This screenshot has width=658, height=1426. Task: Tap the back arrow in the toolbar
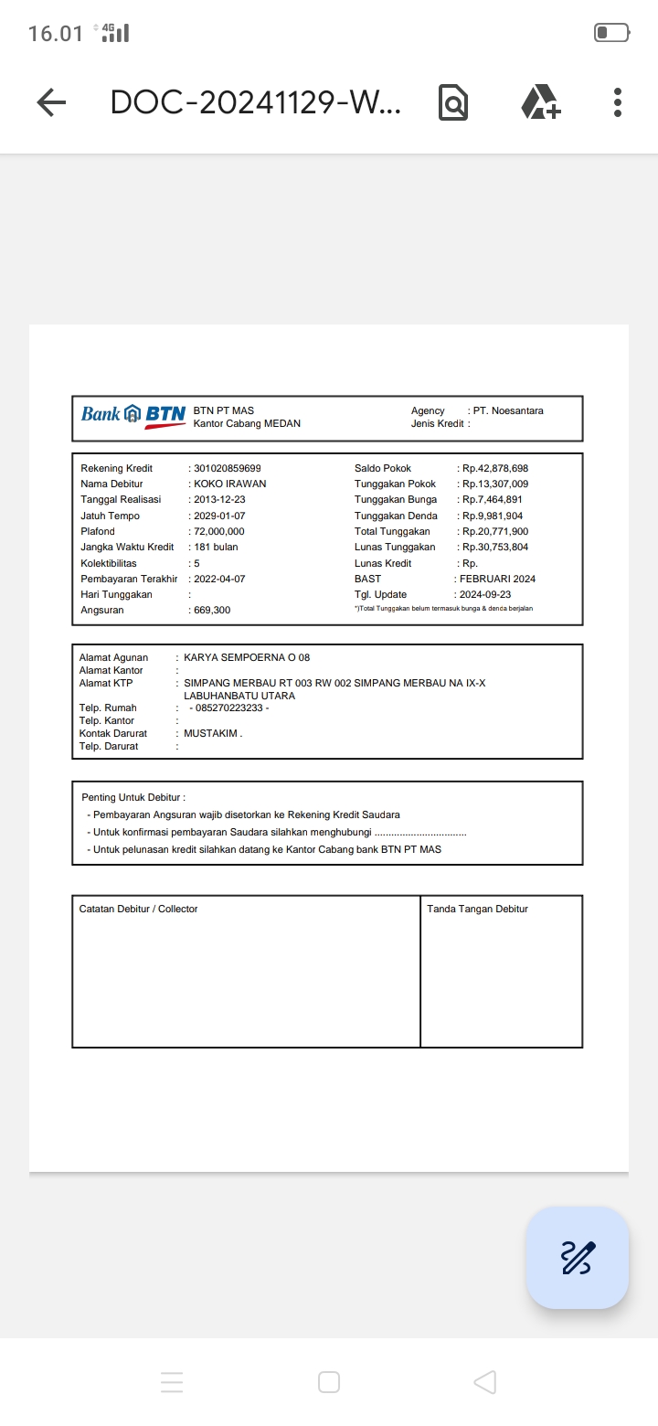coord(52,102)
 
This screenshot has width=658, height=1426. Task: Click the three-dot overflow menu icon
coord(618,102)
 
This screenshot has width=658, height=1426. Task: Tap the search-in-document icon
coord(453,102)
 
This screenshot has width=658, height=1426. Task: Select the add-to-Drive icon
coord(541,101)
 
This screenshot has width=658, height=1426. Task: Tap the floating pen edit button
coord(577,1258)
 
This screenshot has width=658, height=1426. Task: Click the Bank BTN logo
coord(133,415)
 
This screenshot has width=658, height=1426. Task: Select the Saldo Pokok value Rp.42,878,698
coord(495,468)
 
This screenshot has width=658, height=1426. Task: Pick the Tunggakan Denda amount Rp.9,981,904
coord(493,516)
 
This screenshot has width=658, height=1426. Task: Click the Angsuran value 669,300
coord(212,610)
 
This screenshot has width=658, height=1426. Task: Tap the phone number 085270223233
coord(227,708)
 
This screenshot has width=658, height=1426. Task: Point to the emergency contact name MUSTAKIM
coord(212,733)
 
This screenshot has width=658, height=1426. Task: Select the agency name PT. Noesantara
coord(508,410)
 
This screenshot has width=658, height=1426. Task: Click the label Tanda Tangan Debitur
coord(477,909)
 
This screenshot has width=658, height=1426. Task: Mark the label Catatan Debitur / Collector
coord(138,909)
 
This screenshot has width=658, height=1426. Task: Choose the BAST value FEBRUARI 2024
coord(497,579)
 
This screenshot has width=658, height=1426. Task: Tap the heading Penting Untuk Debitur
coord(133,797)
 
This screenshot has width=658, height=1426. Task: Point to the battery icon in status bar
coord(611,33)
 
